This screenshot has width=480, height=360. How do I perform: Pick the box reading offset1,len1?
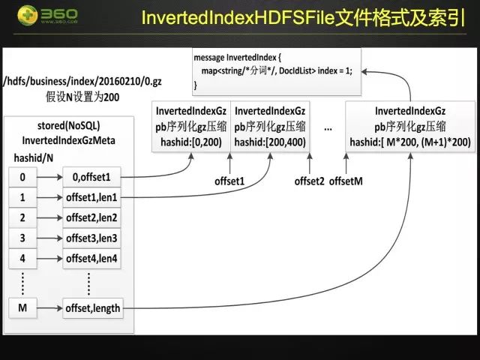click(92, 198)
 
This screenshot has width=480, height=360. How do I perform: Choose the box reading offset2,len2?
click(92, 218)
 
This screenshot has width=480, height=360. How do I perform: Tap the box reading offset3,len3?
click(92, 238)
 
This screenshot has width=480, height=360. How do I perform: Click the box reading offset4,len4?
click(92, 259)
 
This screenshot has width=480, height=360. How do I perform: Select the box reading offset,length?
click(92, 307)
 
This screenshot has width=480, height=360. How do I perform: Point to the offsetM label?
click(345, 181)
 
